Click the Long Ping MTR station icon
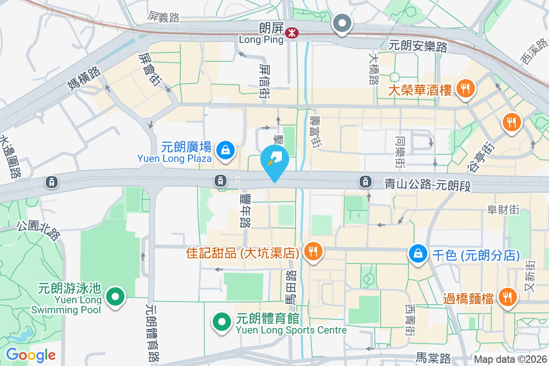pyautogui.click(x=291, y=33)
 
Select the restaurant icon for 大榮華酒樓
pyautogui.click(x=466, y=88)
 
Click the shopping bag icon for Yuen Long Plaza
pyautogui.click(x=226, y=150)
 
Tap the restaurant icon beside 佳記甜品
pyautogui.click(x=313, y=251)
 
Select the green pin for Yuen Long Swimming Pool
pyautogui.click(x=115, y=296)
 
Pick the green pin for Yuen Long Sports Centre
pyautogui.click(x=222, y=322)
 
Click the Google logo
pyautogui.click(x=31, y=355)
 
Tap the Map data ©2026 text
pyautogui.click(x=510, y=359)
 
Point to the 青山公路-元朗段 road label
pyautogui.click(x=427, y=185)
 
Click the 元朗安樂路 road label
pyautogui.click(x=418, y=45)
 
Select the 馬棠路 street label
pyautogui.click(x=434, y=357)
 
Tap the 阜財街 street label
pyautogui.click(x=504, y=210)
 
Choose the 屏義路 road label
pyautogui.click(x=163, y=17)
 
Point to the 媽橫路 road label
pyautogui.click(x=85, y=79)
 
